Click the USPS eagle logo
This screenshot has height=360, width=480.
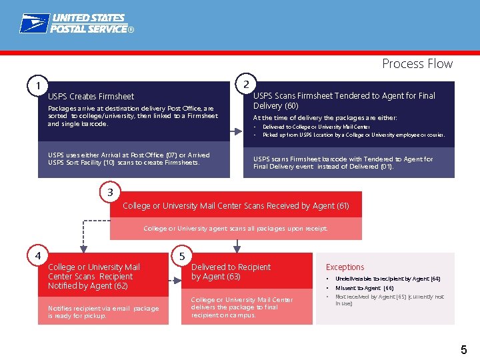[x=33, y=23]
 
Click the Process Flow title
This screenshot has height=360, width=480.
[x=417, y=64]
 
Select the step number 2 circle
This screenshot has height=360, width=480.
[x=246, y=84]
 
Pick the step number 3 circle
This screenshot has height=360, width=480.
[x=109, y=193]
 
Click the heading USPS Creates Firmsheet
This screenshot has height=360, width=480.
[x=91, y=97]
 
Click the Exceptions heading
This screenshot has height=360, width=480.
[x=345, y=267]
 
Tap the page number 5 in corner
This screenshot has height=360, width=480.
[x=463, y=349]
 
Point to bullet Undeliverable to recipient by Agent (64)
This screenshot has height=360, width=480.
[x=387, y=279]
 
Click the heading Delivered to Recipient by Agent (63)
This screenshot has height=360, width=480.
[x=231, y=271]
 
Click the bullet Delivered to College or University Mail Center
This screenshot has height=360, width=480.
[x=316, y=127]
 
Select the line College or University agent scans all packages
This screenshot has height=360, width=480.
[x=235, y=229]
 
